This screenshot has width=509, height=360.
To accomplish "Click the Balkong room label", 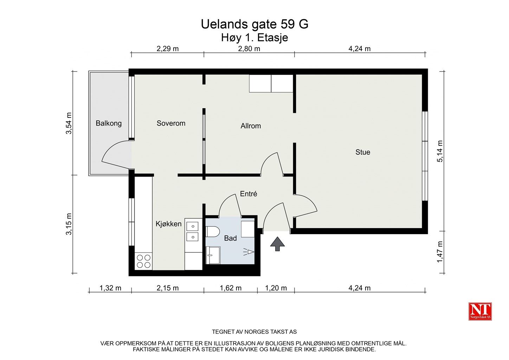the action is pyautogui.click(x=109, y=123).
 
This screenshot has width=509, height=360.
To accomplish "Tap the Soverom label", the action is pyautogui.click(x=171, y=123).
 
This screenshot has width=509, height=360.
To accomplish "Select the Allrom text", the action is pyautogui.click(x=251, y=126).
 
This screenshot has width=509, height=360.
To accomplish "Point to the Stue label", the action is pyautogui.click(x=363, y=152).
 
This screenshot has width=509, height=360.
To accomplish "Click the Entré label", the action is pyautogui.click(x=249, y=194).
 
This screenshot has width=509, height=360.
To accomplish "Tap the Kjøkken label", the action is pyautogui.click(x=168, y=224).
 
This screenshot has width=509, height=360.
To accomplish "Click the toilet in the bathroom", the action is pyautogui.click(x=213, y=232).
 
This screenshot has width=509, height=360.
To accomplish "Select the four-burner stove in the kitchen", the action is pyautogui.click(x=144, y=261).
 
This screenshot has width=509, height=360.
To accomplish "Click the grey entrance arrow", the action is pyautogui.click(x=277, y=244).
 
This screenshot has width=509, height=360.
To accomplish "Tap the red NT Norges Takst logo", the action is pyautogui.click(x=480, y=311).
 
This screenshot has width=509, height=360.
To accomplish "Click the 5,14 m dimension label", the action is pyautogui.click(x=440, y=151).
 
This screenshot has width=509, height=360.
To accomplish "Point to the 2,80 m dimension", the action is pyautogui.click(x=249, y=49).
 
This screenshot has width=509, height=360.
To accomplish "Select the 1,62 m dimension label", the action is pyautogui.click(x=230, y=288).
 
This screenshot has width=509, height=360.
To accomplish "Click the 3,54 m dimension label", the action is pyautogui.click(x=69, y=123).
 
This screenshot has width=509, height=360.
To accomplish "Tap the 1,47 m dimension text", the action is pyautogui.click(x=440, y=252).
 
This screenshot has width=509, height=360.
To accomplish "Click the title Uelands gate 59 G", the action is pyautogui.click(x=254, y=24).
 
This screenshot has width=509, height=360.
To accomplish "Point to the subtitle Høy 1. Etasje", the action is pyautogui.click(x=254, y=38).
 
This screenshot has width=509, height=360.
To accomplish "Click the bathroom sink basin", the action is pyautogui.click(x=213, y=255).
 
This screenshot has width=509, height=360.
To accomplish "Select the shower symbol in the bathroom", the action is pyautogui.click(x=249, y=252).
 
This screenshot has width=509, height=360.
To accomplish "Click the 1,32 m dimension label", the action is pyautogui.click(x=110, y=288).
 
